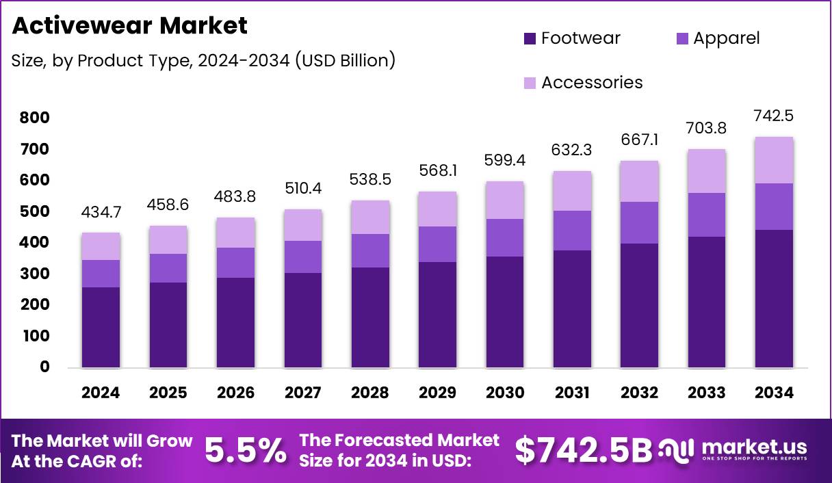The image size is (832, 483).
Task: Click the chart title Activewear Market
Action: point(129,26)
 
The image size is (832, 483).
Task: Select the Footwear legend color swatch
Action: point(530,38)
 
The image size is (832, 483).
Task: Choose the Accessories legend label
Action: point(592,83)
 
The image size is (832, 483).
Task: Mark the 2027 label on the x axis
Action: point(302,393)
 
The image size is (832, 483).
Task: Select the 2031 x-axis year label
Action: point(572,393)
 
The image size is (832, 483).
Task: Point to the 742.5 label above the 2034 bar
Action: point(774,116)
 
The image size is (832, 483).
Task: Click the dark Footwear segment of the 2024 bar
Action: point(101,327)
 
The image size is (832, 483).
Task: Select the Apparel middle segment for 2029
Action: point(437,244)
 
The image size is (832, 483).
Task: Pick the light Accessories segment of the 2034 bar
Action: point(774,160)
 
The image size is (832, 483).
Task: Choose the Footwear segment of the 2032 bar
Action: point(639,305)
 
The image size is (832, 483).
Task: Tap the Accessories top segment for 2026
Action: point(235,233)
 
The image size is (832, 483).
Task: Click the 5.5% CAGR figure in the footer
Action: point(246,450)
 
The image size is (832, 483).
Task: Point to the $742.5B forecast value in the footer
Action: point(583,450)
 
